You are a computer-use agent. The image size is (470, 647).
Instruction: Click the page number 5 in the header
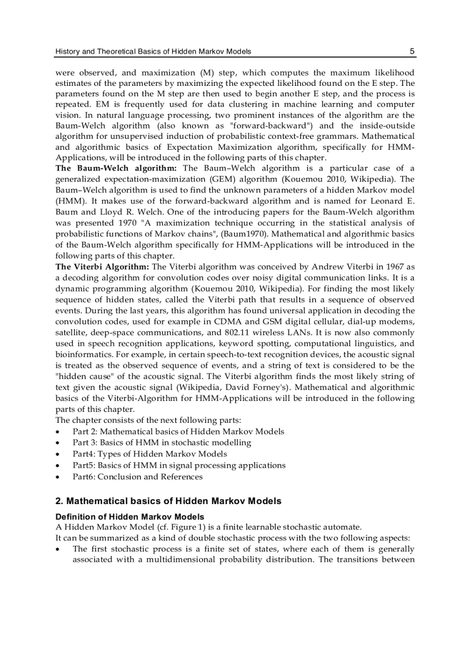click(x=412, y=51)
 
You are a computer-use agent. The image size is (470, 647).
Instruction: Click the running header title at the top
click(x=153, y=51)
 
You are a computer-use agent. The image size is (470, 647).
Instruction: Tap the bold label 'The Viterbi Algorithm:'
click(x=102, y=267)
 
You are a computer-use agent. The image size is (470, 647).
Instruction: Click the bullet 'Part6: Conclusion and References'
click(x=137, y=476)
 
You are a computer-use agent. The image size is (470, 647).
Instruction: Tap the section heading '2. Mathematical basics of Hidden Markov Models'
click(x=168, y=501)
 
